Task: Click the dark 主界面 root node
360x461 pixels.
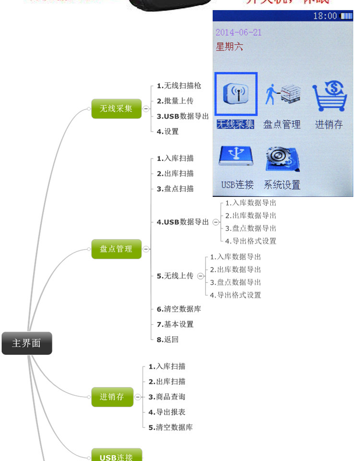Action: [26, 343]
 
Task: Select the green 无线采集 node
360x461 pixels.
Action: [116, 109]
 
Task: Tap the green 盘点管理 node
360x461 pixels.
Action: [116, 249]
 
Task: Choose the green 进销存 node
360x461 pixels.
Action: [112, 397]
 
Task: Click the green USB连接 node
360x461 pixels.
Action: [116, 456]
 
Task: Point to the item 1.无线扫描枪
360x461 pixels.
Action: [179, 86]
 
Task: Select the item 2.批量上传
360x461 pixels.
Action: [175, 101]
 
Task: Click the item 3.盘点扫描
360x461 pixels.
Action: [175, 189]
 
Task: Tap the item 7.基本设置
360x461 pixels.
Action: [175, 324]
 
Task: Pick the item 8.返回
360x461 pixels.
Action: [168, 340]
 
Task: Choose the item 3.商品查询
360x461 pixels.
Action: [167, 397]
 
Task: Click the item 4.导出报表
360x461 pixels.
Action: [167, 412]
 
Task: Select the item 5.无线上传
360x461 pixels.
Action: [175, 276]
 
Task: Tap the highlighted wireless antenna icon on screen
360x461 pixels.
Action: [236, 94]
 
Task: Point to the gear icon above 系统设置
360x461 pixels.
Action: [282, 159]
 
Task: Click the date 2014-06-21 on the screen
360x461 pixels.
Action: [239, 33]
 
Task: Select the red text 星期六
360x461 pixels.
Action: [229, 47]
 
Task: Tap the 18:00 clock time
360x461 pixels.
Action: [325, 16]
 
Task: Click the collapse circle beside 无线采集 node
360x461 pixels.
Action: [146, 109]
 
